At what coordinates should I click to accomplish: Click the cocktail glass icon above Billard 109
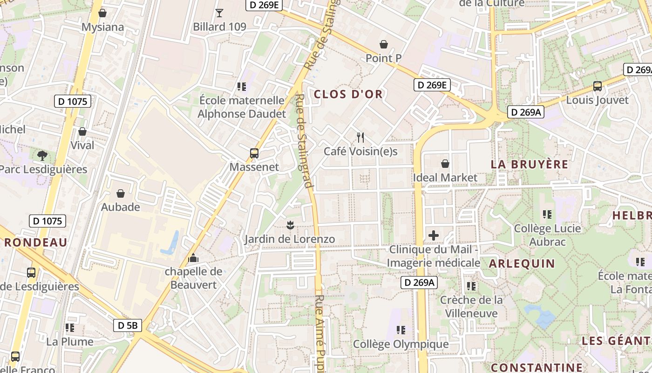(219, 13)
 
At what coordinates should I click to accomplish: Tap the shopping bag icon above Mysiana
(102, 13)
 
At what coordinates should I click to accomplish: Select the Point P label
(383, 58)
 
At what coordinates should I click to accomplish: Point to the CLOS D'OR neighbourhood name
(348, 94)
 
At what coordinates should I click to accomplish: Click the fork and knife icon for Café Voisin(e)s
(360, 137)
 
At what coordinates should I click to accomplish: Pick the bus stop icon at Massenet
(254, 153)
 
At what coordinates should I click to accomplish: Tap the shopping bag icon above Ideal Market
(445, 164)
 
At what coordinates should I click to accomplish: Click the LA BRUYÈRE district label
(530, 164)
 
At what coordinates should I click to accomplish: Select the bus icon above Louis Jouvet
(597, 86)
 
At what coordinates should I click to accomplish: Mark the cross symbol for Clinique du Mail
(434, 235)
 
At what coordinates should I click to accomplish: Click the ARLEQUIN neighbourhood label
(522, 263)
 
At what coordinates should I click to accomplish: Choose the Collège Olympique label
(401, 345)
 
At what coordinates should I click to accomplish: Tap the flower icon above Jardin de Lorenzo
(290, 225)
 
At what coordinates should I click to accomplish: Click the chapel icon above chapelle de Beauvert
(193, 258)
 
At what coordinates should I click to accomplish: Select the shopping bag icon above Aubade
(121, 193)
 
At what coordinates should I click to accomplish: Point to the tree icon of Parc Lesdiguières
(42, 155)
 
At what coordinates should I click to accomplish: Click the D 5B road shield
(128, 325)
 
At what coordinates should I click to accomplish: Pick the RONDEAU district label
(36, 242)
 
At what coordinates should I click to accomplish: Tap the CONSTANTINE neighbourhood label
(537, 367)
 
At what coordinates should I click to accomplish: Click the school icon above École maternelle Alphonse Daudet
(241, 86)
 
